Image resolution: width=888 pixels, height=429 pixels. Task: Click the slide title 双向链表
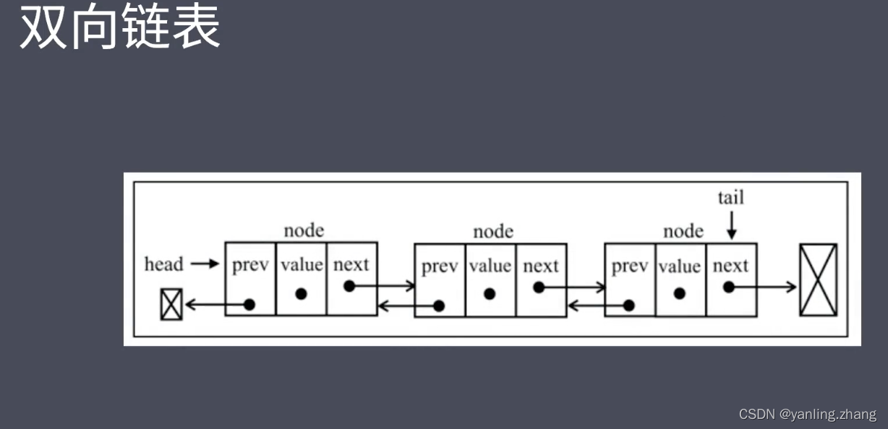point(120,27)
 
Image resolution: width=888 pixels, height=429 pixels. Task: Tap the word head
point(163,264)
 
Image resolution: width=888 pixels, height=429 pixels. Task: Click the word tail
point(730,197)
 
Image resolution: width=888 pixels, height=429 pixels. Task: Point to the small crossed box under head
point(171,304)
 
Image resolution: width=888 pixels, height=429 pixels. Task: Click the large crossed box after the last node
point(818,279)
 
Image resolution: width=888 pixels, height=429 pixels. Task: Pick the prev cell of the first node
point(250,278)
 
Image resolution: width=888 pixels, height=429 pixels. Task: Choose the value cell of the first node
point(302,278)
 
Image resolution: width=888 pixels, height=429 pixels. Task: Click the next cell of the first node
point(351,278)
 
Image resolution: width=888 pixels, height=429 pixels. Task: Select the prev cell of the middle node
point(440,280)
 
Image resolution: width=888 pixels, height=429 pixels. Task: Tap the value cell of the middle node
point(490,280)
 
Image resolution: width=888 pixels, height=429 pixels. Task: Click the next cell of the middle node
point(541,280)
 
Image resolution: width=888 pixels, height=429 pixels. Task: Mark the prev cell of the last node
point(629,280)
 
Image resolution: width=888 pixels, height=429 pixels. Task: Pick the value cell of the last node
point(680,280)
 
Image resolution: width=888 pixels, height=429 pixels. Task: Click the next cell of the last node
point(730,280)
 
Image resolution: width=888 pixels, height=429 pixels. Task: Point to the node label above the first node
point(304,230)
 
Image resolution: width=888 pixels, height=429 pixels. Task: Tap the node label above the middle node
point(493,232)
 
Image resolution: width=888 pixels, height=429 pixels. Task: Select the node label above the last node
point(683,231)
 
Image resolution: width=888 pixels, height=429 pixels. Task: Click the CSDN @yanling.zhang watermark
point(807,415)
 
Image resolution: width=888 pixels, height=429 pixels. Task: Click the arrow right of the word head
point(205,264)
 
